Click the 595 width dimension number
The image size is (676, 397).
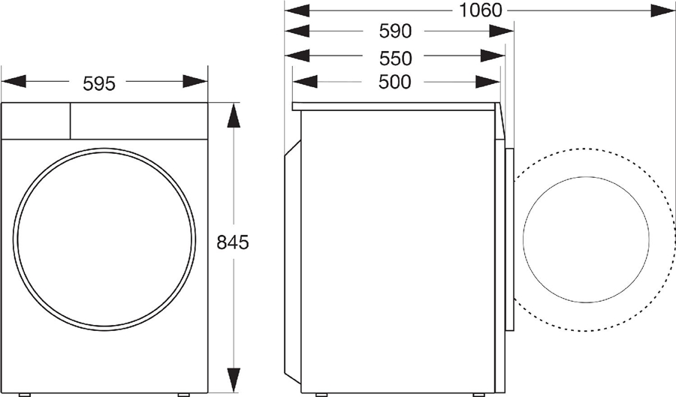click(99, 83)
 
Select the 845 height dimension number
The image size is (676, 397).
click(233, 243)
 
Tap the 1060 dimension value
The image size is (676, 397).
click(481, 11)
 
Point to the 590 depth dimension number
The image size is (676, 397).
click(395, 32)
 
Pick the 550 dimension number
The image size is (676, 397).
click(395, 58)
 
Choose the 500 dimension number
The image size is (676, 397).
click(395, 82)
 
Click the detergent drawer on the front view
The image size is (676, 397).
click(35, 120)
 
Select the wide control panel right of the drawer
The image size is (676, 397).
click(139, 120)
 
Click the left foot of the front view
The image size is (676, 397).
click(26, 393)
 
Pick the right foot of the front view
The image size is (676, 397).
click(184, 393)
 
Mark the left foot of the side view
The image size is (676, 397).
click(321, 393)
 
